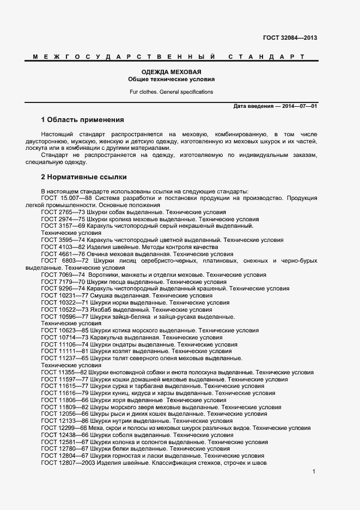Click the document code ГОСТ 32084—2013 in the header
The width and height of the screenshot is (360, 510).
pos(290,38)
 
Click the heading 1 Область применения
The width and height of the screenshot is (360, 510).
pos(83,120)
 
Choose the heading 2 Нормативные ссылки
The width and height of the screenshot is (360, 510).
pos(84,177)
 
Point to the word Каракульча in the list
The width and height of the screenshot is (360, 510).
pos(107,337)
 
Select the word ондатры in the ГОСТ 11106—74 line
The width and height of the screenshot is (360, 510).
pos(125,344)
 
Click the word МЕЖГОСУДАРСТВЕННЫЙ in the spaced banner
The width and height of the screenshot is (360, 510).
pos(120,57)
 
